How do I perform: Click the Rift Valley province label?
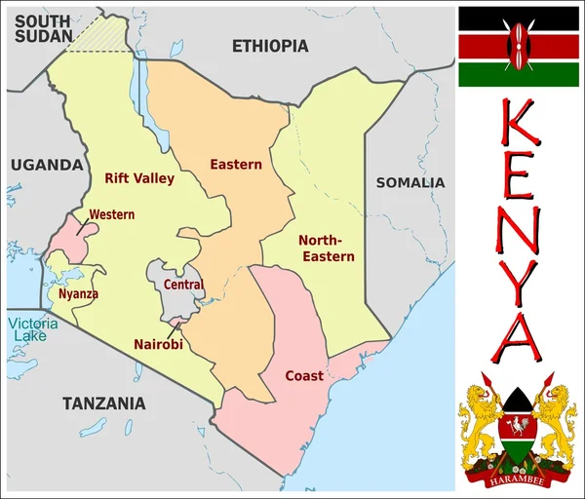139,178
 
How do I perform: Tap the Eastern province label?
236,165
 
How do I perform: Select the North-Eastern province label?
326,248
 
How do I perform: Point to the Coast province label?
304,375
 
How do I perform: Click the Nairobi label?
158,344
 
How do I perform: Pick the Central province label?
183,285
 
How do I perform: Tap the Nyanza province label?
78,292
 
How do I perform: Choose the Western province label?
111,214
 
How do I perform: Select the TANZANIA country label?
103,403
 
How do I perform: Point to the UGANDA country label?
47,165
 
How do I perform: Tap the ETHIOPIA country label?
270,46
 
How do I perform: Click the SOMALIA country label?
410,182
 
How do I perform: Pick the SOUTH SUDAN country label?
41,27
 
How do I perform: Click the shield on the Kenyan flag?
519,45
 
